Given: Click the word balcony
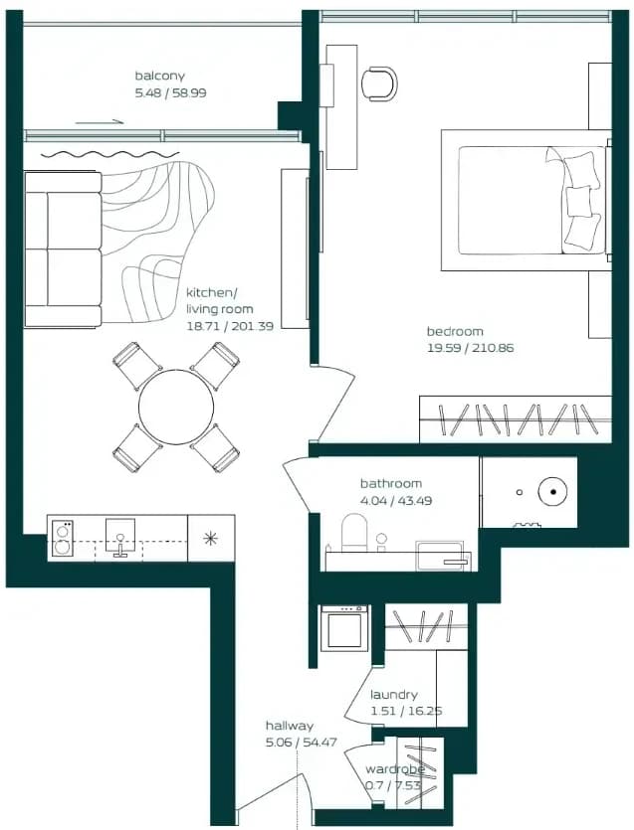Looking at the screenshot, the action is point(159,76).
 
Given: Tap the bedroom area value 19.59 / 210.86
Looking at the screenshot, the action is point(470,348).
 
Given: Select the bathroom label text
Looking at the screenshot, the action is point(391,483).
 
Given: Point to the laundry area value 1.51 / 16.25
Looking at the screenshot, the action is point(406,711).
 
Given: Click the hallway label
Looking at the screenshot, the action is point(290,726).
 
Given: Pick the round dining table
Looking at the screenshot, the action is point(176,407).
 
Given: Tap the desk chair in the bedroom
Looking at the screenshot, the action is point(379,83).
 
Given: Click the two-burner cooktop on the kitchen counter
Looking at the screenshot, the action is point(62,539).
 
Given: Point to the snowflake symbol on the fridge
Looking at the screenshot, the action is point(210,539).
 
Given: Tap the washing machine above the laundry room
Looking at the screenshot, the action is point(344,628).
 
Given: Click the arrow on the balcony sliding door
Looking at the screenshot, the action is point(100,122).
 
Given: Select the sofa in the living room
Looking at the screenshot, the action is point(63,249).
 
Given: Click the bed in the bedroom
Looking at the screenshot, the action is point(526,200).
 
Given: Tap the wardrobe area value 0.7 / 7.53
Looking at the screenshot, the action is point(392,785).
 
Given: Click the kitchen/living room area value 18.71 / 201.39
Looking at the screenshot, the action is point(230,326).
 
